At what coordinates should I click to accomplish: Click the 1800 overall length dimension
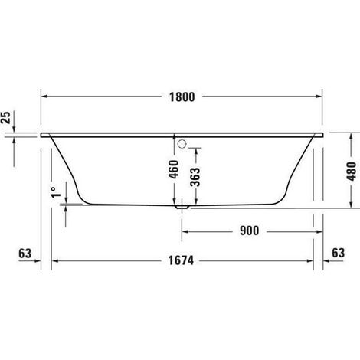tap(182, 97)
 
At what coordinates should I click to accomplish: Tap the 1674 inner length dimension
tap(181, 260)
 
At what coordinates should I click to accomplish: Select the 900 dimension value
tap(250, 231)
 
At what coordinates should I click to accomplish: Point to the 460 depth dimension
tap(174, 169)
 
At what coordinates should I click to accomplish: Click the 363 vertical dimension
tap(195, 177)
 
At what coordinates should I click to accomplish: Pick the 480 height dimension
tap(352, 172)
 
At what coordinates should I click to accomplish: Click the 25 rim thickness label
tap(5, 117)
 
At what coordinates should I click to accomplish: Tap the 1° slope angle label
tap(56, 192)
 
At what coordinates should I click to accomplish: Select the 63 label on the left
tap(25, 254)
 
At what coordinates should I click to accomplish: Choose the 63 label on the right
tap(339, 253)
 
